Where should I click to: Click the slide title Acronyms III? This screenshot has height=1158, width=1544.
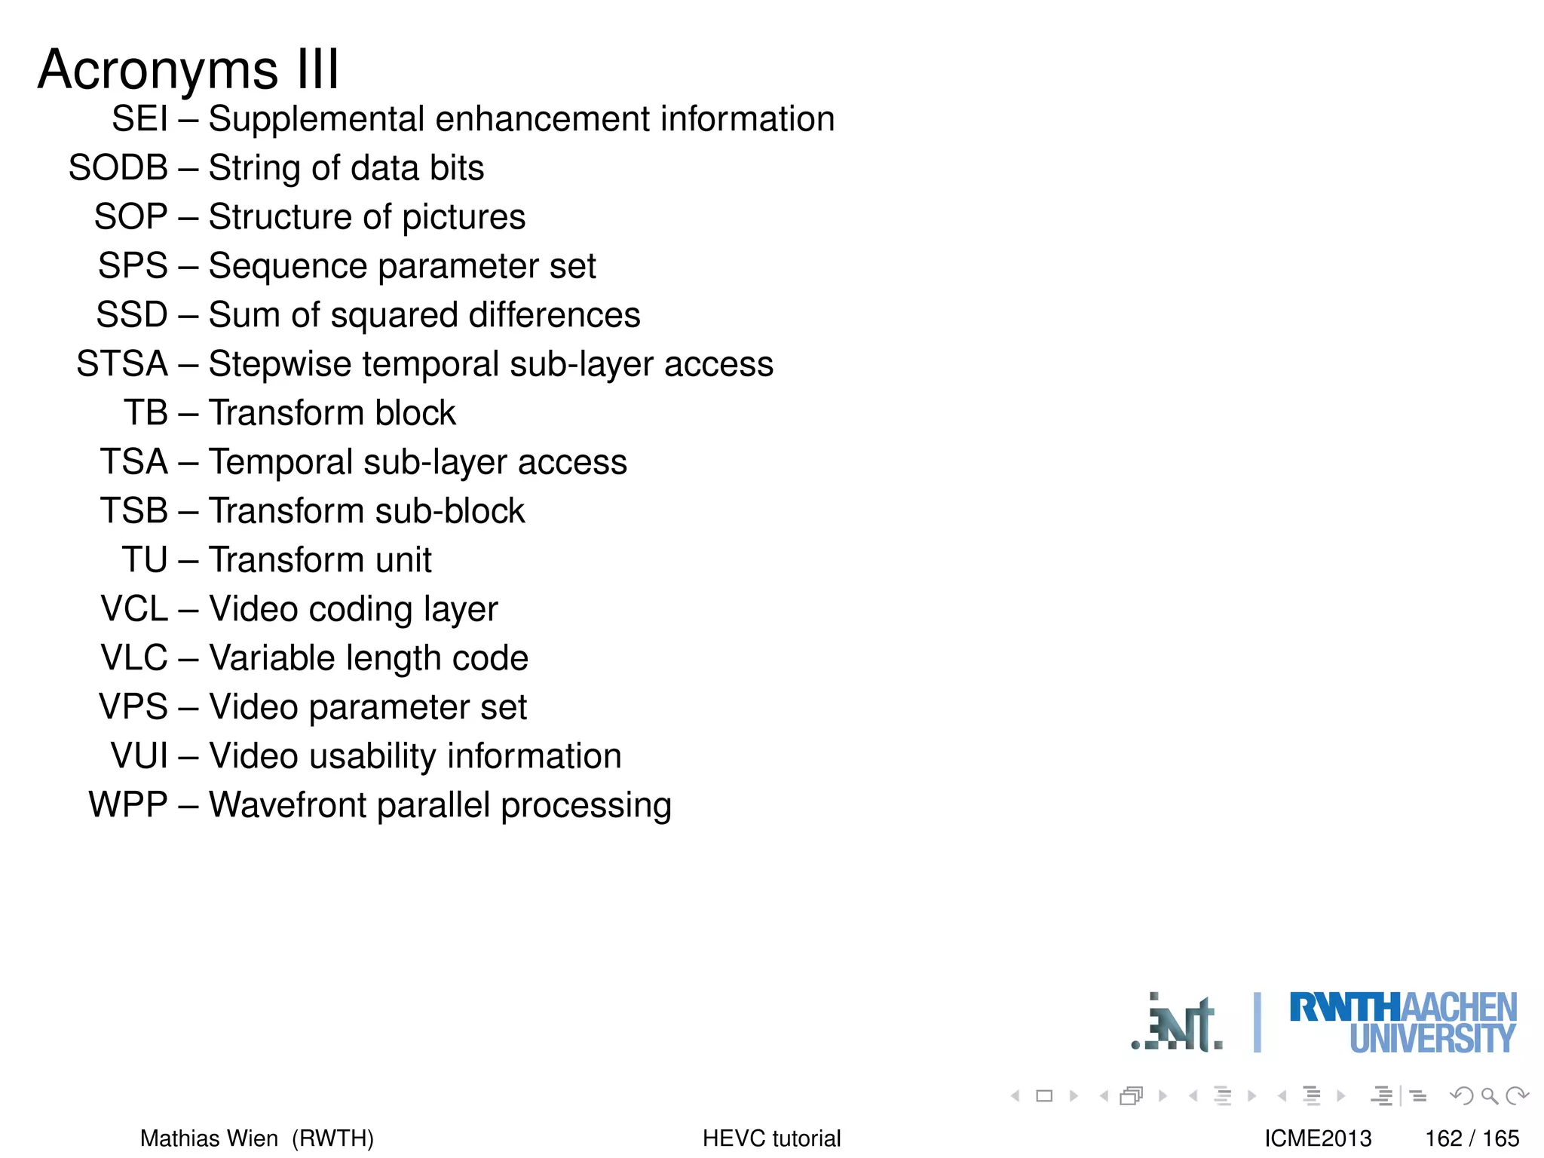click(188, 69)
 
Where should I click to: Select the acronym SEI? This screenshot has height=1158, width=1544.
click(139, 119)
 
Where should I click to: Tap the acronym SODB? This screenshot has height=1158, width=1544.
click(118, 168)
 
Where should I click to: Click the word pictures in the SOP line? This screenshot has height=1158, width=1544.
click(463, 218)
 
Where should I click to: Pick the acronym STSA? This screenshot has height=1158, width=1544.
click(122, 364)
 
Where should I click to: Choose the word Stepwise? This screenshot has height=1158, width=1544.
click(279, 365)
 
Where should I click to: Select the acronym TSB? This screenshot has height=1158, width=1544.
click(134, 511)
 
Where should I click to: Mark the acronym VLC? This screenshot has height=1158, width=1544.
click(134, 658)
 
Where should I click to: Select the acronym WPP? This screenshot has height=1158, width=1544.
click(128, 805)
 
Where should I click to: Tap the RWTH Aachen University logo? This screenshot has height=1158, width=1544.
click(1402, 1023)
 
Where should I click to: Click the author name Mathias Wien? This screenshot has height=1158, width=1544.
click(209, 1138)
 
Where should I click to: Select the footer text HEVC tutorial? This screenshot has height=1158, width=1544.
click(771, 1138)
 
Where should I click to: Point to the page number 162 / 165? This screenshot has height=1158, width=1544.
click(1472, 1138)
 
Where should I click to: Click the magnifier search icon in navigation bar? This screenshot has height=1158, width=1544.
click(1489, 1095)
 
